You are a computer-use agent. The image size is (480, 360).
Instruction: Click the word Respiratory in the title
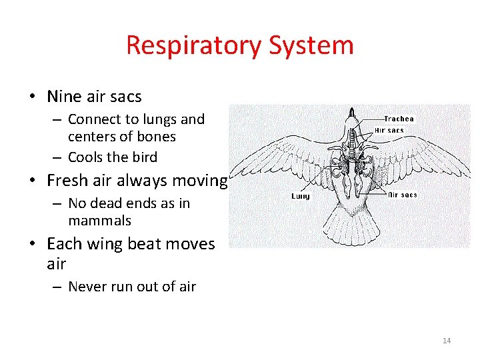pyautogui.click(x=194, y=46)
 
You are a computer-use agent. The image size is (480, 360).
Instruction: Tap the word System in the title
pyautogui.click(x=311, y=46)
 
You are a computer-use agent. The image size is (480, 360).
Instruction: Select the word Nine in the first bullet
pyautogui.click(x=63, y=97)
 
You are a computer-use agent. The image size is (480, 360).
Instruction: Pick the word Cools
pyautogui.click(x=90, y=157)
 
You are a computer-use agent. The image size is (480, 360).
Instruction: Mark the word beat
pyautogui.click(x=143, y=244)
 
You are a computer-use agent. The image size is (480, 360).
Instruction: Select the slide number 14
pyautogui.click(x=447, y=341)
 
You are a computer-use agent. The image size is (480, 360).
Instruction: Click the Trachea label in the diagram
pyautogui.click(x=399, y=119)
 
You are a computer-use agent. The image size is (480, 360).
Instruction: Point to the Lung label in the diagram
pyautogui.click(x=301, y=196)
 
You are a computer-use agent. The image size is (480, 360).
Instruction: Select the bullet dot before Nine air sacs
pyautogui.click(x=32, y=97)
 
